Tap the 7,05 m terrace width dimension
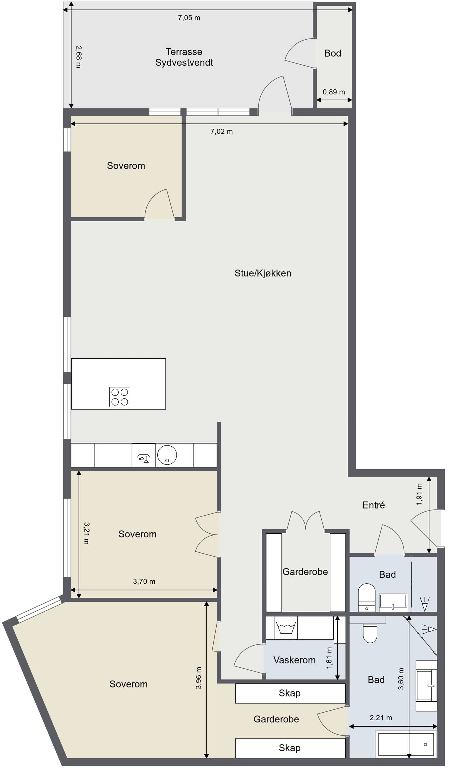189,18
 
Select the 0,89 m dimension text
334,92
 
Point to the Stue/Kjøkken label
263,273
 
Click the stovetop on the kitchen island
120,397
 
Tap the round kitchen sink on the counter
167,455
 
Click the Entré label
373,505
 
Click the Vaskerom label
294,660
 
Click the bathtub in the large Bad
406,744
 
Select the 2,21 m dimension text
381,718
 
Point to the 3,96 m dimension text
199,678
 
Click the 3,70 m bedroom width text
144,582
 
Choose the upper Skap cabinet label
290,693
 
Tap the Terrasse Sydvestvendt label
184,57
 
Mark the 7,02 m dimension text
222,131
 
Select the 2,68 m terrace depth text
79,57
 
